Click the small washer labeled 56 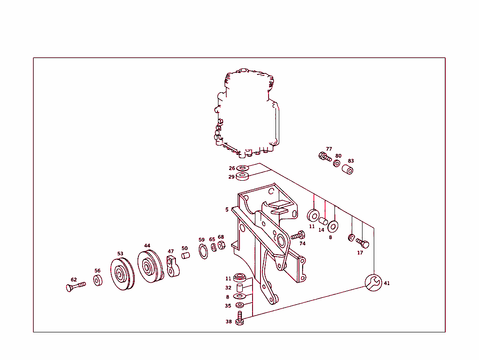point(97,280)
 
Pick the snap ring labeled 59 point(204,252)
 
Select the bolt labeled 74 point(298,235)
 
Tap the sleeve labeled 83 point(348,169)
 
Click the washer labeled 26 point(243,168)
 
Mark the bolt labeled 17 point(363,243)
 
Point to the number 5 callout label point(227,210)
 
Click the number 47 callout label point(171,251)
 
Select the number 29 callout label point(231,177)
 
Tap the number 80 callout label point(338,156)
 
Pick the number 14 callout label point(321,230)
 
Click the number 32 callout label point(228,288)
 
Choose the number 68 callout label point(221,237)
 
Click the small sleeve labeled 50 point(185,256)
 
